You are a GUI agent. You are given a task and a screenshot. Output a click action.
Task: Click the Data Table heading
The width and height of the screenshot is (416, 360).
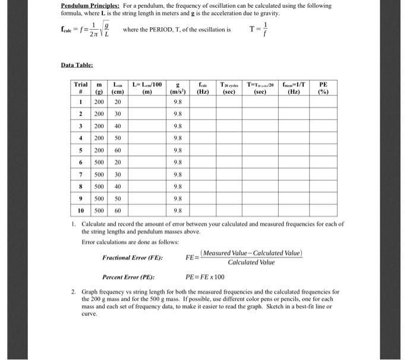point(77,65)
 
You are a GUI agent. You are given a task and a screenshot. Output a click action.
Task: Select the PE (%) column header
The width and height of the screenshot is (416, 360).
point(323,89)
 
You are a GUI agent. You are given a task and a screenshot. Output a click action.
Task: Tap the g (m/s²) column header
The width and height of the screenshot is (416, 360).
point(176,89)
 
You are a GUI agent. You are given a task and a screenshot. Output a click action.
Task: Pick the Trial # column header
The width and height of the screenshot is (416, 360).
point(79,89)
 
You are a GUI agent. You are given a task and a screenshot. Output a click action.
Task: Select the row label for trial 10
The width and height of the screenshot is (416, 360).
point(79,210)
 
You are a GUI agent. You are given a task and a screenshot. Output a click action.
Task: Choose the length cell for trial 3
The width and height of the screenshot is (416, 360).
point(117,125)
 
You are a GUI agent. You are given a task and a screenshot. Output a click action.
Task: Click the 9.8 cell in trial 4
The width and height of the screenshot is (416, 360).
point(177,137)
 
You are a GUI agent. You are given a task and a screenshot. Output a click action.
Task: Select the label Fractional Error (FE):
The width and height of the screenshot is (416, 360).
point(133,257)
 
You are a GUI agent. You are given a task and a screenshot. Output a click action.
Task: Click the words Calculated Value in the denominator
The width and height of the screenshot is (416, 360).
point(251,262)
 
